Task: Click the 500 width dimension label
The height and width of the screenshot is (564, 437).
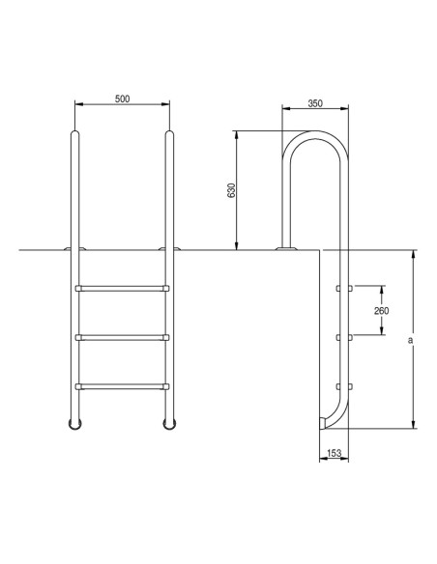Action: coord(121,99)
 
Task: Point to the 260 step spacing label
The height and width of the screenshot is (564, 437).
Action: coord(380,311)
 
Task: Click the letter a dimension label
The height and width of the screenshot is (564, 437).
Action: coord(410,340)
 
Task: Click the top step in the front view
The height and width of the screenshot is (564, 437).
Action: coord(122,287)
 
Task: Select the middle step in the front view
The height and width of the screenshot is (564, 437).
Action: coord(122,337)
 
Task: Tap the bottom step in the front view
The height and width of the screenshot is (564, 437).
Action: coord(122,387)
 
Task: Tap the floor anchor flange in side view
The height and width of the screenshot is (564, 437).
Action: coord(287,249)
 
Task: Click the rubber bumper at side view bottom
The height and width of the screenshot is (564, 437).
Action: coord(322,421)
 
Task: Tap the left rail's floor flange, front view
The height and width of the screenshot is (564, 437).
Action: coord(74,249)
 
